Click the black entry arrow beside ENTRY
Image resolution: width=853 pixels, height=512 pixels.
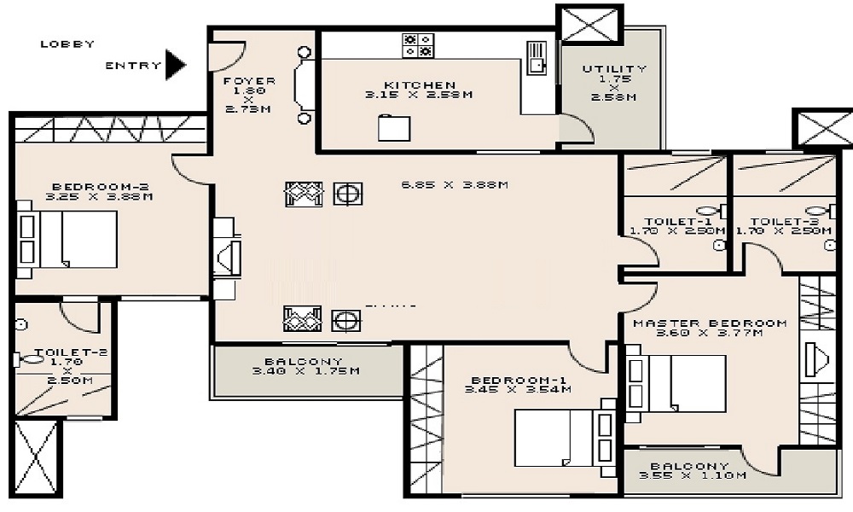click(x=176, y=65)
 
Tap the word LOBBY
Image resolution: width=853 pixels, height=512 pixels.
click(x=67, y=44)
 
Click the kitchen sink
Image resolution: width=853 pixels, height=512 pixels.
click(x=537, y=55)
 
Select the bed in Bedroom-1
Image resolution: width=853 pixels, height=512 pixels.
click(x=554, y=436)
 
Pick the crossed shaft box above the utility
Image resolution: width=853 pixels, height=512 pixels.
click(x=589, y=24)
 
